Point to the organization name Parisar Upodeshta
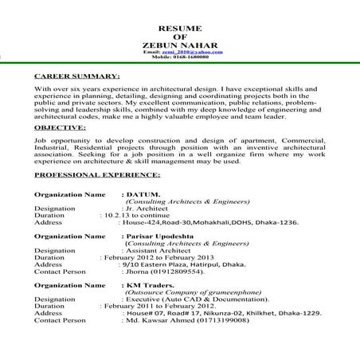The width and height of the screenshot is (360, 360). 166,237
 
